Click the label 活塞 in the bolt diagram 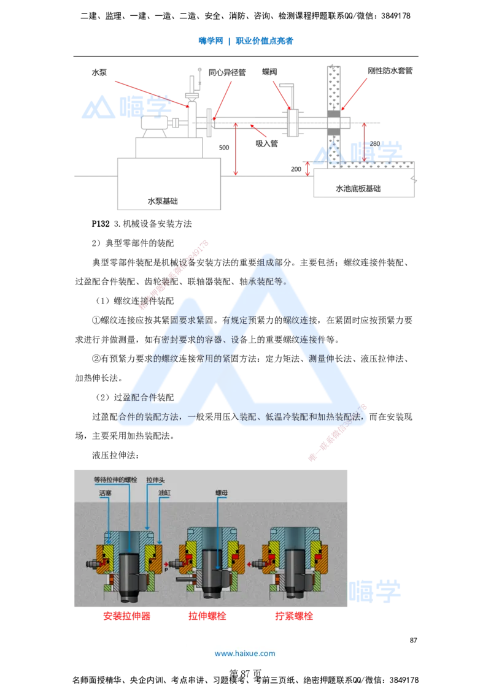pyautogui.click(x=104, y=492)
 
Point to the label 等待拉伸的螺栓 pyautogui.click(x=114, y=479)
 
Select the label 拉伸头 pyautogui.click(x=155, y=479)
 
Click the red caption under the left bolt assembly pyautogui.click(x=126, y=617)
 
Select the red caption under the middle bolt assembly pyautogui.click(x=208, y=617)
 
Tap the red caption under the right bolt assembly pyautogui.click(x=294, y=617)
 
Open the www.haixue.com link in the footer pyautogui.click(x=245, y=654)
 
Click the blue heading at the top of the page pyautogui.click(x=245, y=41)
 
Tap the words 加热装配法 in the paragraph pyautogui.click(x=343, y=417)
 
